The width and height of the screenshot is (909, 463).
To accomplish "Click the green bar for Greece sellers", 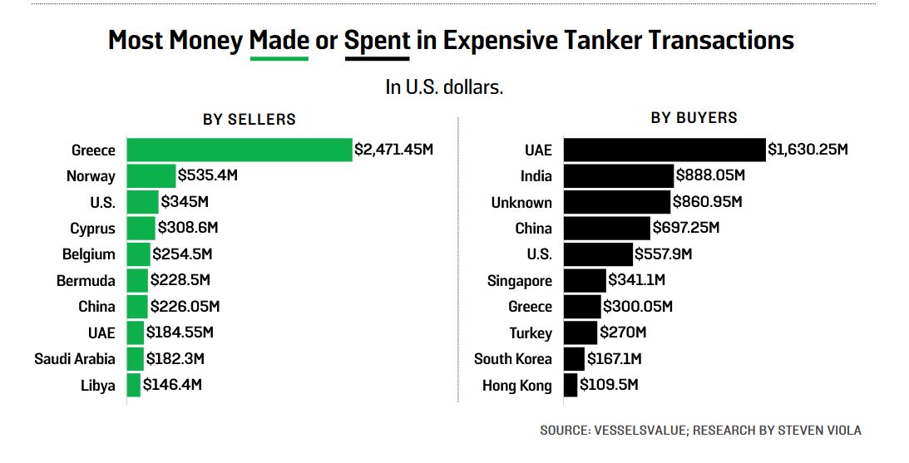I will coord(240,150).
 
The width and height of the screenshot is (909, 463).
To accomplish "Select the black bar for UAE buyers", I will coord(664,150).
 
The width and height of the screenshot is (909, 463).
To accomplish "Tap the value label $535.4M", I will coord(209,175).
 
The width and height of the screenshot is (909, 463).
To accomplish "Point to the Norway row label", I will coord(91,176).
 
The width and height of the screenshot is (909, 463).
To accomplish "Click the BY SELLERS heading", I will coord(249,119).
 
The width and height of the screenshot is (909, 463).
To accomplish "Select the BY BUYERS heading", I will coord(694,118).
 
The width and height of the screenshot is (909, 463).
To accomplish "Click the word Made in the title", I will coord(279,40).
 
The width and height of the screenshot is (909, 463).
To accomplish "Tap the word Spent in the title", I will coord(377,40).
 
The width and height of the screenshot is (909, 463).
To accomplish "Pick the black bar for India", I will coord(619,175).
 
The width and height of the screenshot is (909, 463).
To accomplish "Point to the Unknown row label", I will coord(521,203).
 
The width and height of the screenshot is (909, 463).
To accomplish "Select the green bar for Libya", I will coord(133,385).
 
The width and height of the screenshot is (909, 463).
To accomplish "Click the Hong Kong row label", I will coord(517,386).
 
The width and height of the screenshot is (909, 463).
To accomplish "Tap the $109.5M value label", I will coord(610,384).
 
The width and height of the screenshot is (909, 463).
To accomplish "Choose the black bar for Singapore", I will coord(585,280).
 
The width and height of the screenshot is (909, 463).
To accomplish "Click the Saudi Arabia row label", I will coord(75,359).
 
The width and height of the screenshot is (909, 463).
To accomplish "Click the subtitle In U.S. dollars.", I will coord(444,86).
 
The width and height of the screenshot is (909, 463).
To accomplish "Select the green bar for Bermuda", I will coord(137,280).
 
